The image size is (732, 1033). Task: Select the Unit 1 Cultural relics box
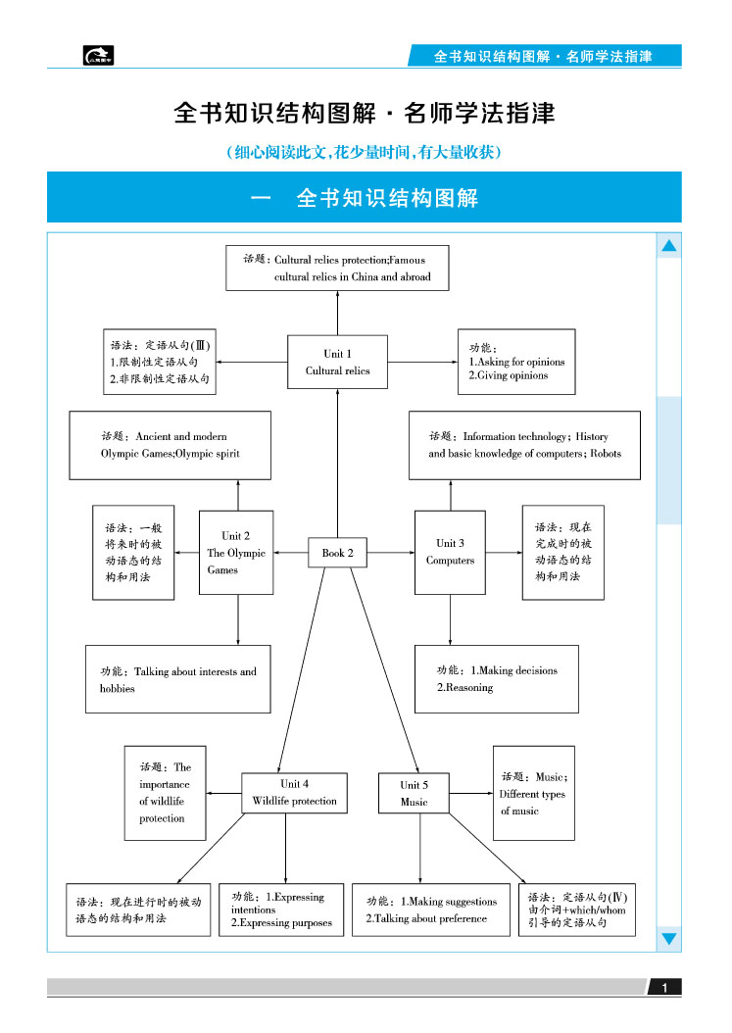337,362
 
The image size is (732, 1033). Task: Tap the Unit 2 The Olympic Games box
236,552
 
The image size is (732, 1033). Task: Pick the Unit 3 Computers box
450,552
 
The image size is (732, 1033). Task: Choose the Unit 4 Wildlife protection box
294,792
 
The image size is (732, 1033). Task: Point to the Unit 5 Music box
414,793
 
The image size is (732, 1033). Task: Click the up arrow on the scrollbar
669,247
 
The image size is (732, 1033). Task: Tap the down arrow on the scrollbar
669,938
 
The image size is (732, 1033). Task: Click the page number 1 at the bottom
664,987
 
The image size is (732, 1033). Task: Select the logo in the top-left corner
98,56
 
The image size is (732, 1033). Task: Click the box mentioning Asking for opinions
516,362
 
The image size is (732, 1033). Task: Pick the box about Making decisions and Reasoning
496,678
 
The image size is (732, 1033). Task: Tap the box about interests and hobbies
177,679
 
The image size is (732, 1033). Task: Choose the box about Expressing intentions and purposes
281,910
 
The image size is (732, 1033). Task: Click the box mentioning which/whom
577,910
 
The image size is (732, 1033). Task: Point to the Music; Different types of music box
533,793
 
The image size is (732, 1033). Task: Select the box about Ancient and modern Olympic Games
170,445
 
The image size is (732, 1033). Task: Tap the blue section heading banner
364,197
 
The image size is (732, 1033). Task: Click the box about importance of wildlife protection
165,793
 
